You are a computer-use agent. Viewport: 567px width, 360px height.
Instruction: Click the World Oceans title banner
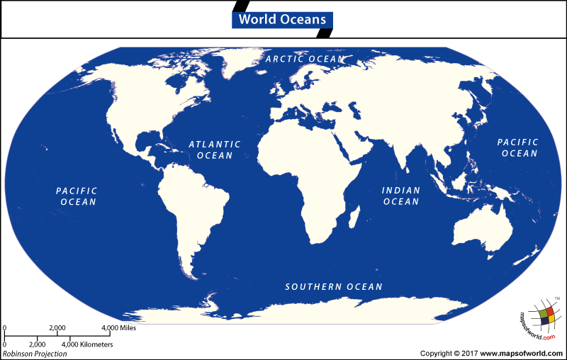coord(282,19)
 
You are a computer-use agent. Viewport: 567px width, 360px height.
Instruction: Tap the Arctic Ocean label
coord(305,59)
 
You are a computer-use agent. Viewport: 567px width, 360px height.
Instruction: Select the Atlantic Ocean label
coord(214,150)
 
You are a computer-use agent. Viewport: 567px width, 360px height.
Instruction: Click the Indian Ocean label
coord(401,196)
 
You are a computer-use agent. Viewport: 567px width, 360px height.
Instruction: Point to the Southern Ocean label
coord(334,287)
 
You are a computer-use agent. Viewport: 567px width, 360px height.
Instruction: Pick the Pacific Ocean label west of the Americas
coord(77,196)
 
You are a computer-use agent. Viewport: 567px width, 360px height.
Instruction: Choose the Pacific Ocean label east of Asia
coord(518,147)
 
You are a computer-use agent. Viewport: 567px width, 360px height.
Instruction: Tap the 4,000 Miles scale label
coord(118,328)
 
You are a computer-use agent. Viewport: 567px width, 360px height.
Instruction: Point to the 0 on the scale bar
coord(4,328)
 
